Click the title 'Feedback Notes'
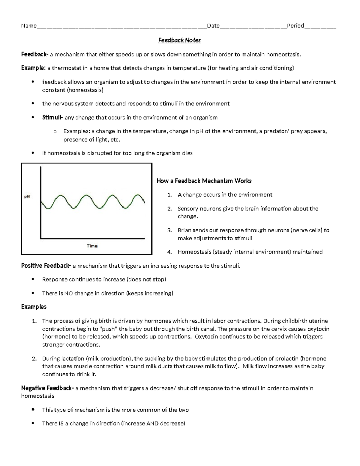point(179,40)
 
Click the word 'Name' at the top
point(28,26)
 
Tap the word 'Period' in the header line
point(295,26)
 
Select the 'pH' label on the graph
point(27,197)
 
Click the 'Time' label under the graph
point(92,246)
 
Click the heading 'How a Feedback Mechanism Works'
point(204,181)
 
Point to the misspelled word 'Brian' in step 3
point(184,230)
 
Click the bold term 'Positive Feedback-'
point(46,266)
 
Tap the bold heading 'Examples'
point(34,307)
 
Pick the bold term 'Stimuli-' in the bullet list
point(52,118)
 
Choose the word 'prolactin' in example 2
point(285,359)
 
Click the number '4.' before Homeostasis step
point(169,252)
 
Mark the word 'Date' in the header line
point(213,26)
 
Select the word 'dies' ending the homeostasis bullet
point(187,153)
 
